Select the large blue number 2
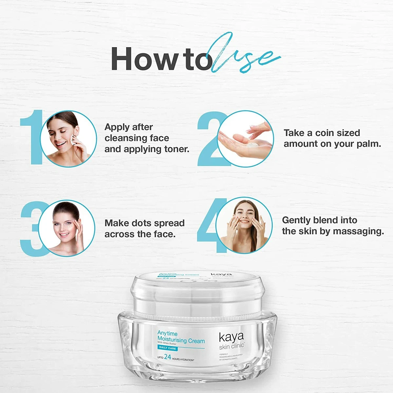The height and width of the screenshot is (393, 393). coord(210,139)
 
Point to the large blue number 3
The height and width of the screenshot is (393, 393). coord(31,229)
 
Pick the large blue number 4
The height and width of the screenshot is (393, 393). coord(210,226)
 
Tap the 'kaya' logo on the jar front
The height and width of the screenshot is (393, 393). coord(231,337)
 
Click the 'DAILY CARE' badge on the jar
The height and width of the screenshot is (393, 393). coord(167,348)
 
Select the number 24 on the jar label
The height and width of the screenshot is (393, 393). coord(168,357)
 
